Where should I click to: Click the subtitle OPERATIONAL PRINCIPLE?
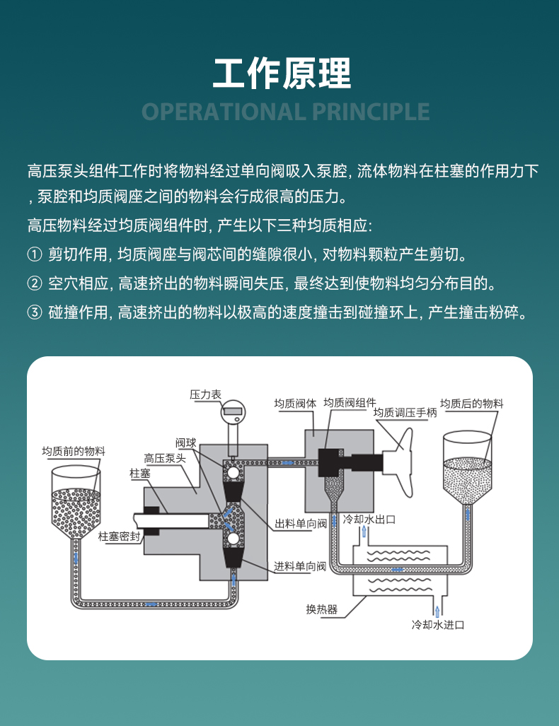coord(286,112)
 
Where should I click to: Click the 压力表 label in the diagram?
coord(205,394)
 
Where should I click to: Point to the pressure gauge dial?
coord(233,409)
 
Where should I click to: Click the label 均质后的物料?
coord(471,404)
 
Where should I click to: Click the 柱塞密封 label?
coord(119,536)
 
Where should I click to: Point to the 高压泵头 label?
coord(165,458)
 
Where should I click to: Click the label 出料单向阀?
coord(300,524)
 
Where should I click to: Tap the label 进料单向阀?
coord(300,566)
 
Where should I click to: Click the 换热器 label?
coord(321,609)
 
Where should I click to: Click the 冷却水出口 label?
coord(368,520)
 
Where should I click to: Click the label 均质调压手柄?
coord(405,413)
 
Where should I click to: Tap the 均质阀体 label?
coord(295,404)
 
